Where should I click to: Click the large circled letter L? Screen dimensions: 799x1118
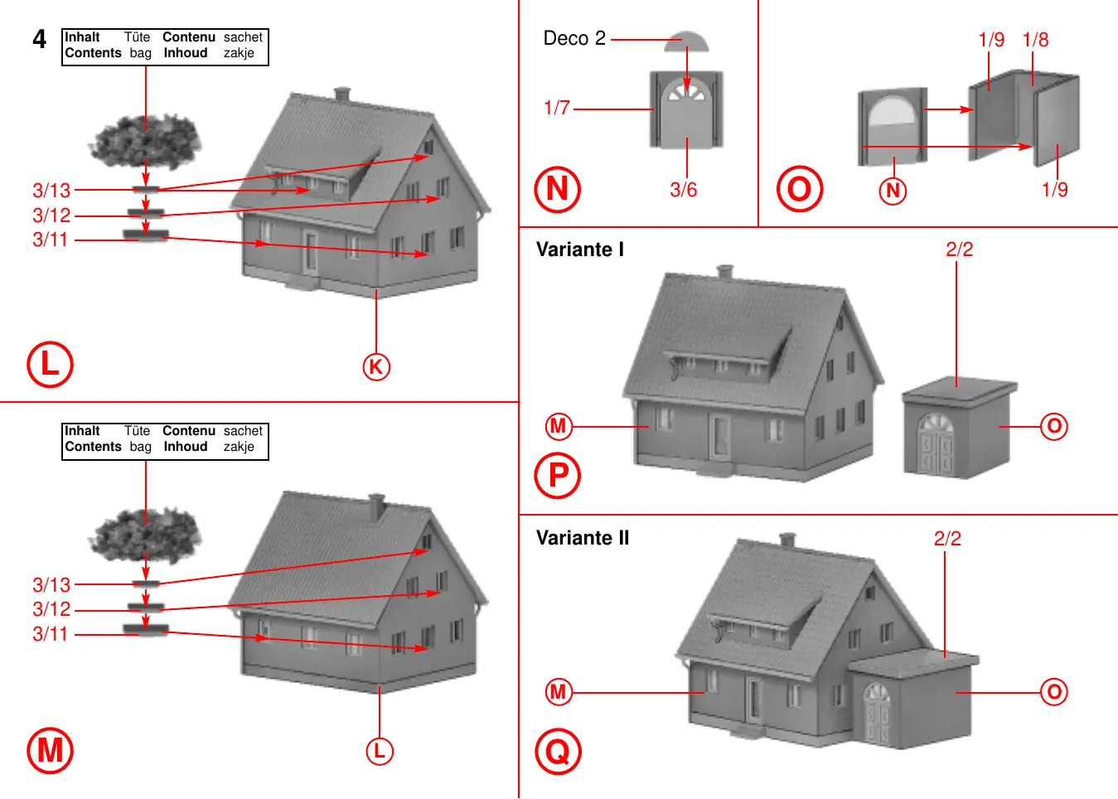click(50, 365)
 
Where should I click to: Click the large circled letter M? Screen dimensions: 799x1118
click(50, 750)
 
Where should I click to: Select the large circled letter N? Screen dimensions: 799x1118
click(557, 189)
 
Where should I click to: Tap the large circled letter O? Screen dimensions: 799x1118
click(799, 189)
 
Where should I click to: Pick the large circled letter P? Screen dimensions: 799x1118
click(558, 476)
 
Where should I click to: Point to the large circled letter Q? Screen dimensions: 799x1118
click(558, 751)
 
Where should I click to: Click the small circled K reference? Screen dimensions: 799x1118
click(376, 366)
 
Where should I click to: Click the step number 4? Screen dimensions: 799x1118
click(39, 39)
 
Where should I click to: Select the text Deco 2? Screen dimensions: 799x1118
click(574, 38)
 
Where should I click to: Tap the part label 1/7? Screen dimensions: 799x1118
click(557, 108)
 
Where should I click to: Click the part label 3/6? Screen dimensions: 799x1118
click(684, 190)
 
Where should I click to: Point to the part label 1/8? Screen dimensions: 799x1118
click(1035, 40)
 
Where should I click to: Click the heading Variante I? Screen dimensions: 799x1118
click(579, 249)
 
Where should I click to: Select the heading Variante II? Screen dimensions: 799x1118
click(583, 538)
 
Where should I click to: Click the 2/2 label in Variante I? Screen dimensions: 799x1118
click(959, 249)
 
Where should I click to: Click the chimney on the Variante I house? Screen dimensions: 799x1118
click(725, 273)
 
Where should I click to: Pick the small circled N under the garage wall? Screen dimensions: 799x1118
click(893, 191)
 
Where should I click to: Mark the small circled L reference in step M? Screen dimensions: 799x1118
click(380, 751)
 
